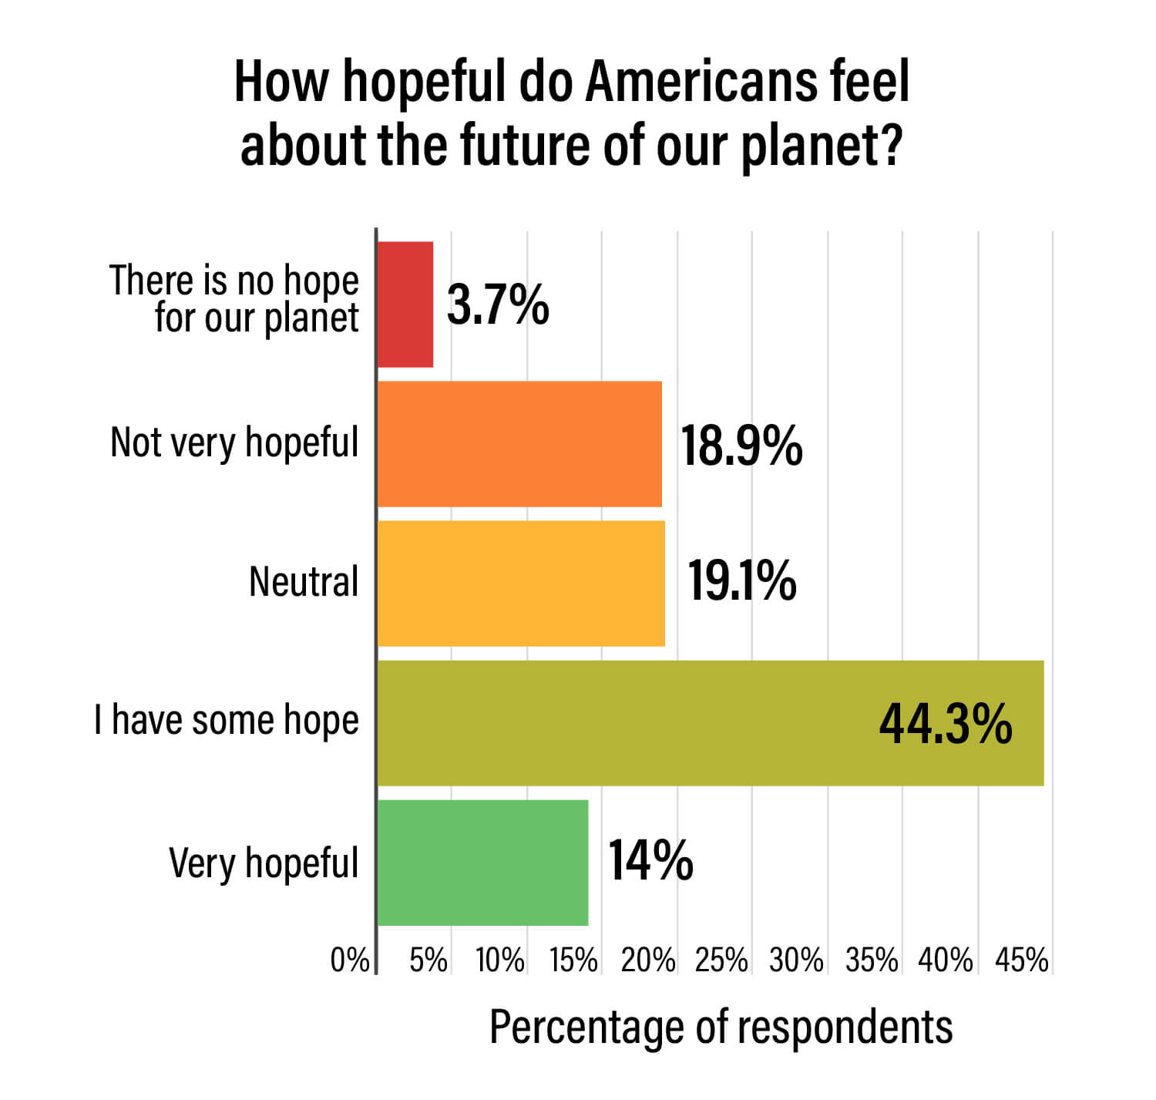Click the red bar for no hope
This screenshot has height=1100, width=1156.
pos(405,304)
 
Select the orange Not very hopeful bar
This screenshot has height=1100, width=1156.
pos(519,444)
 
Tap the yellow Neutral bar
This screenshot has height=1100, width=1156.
pos(521,584)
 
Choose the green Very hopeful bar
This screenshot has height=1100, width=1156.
pos(482,863)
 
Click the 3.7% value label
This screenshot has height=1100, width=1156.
pos(498,304)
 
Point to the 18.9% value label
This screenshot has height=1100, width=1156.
pos(741,446)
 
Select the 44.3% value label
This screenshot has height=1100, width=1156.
pos(946,724)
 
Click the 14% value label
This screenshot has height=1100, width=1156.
pos(650,860)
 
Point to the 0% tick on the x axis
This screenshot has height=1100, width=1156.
pos(350,960)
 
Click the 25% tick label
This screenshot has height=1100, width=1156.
pos(721,960)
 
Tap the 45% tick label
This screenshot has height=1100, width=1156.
pos(1022,960)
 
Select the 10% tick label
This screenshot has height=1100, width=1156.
pos(500,960)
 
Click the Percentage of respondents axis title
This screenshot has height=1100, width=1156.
pos(721,1028)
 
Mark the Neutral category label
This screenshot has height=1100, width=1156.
pos(304,581)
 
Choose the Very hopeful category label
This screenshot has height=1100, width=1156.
pos(264,863)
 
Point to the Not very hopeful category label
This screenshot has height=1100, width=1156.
pos(234,443)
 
